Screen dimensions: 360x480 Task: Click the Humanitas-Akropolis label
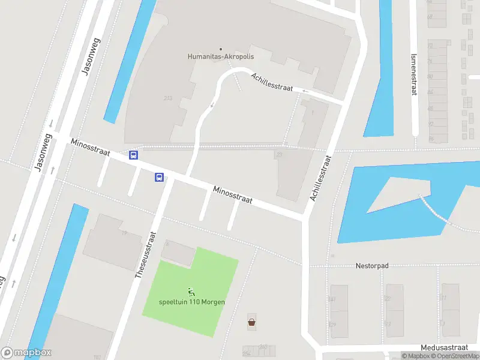click(220, 58)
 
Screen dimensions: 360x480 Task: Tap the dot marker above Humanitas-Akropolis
click(220, 49)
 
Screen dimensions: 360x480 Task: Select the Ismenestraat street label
click(413, 73)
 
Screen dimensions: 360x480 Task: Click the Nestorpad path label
click(373, 265)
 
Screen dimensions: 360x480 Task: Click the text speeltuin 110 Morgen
click(192, 302)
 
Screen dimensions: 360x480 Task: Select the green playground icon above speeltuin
click(191, 292)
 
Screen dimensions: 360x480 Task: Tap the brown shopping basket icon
click(251, 322)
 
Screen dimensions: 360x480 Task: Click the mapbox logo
click(26, 353)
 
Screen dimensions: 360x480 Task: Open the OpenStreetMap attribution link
click(454, 356)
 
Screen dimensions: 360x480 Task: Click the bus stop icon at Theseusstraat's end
click(160, 177)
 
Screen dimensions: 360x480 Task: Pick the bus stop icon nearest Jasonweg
click(134, 155)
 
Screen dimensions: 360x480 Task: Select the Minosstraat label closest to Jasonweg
click(90, 148)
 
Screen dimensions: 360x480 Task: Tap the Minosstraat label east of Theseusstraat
click(232, 194)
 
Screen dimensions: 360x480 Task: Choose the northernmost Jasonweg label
click(91, 58)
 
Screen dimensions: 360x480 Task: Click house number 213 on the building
click(167, 98)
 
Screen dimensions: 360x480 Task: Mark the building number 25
click(278, 155)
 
